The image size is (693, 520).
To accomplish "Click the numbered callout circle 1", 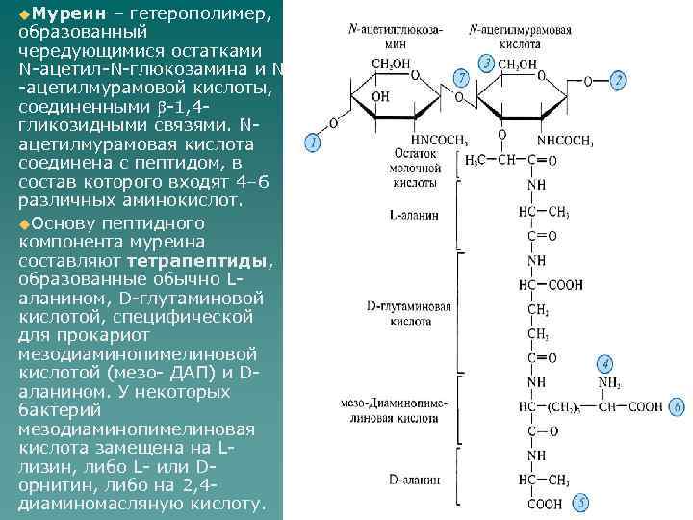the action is pos(312,143).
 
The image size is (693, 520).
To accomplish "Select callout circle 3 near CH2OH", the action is pos(486,63).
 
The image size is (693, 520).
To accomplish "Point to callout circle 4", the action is pos(603,364).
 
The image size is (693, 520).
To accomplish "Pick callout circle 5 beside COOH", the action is pos(580,503).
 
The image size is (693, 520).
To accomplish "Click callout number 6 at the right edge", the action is pos(677,407).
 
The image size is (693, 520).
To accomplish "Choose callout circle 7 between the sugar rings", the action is pos(461,76).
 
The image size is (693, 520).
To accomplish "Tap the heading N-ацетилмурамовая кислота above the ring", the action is pos(521,37).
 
